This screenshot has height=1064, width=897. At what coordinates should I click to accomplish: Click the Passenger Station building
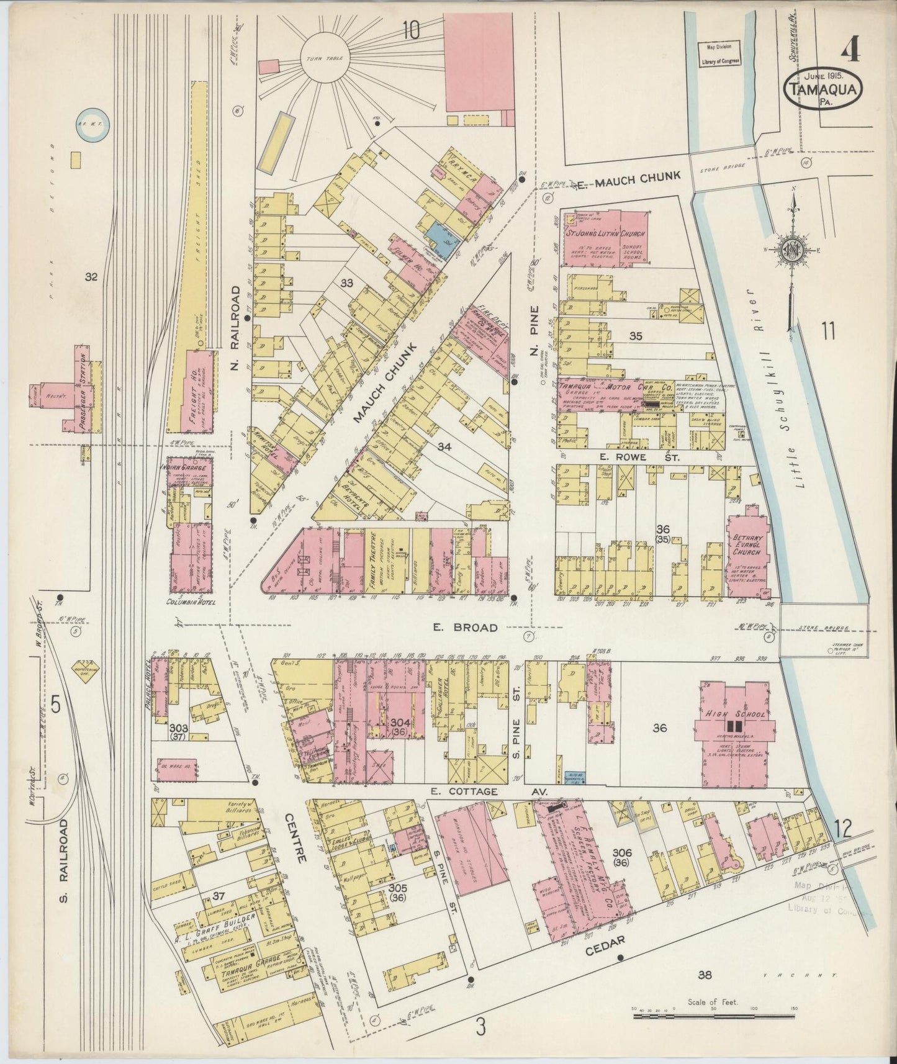(83, 391)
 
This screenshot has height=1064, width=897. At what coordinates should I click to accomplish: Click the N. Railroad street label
(235, 329)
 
